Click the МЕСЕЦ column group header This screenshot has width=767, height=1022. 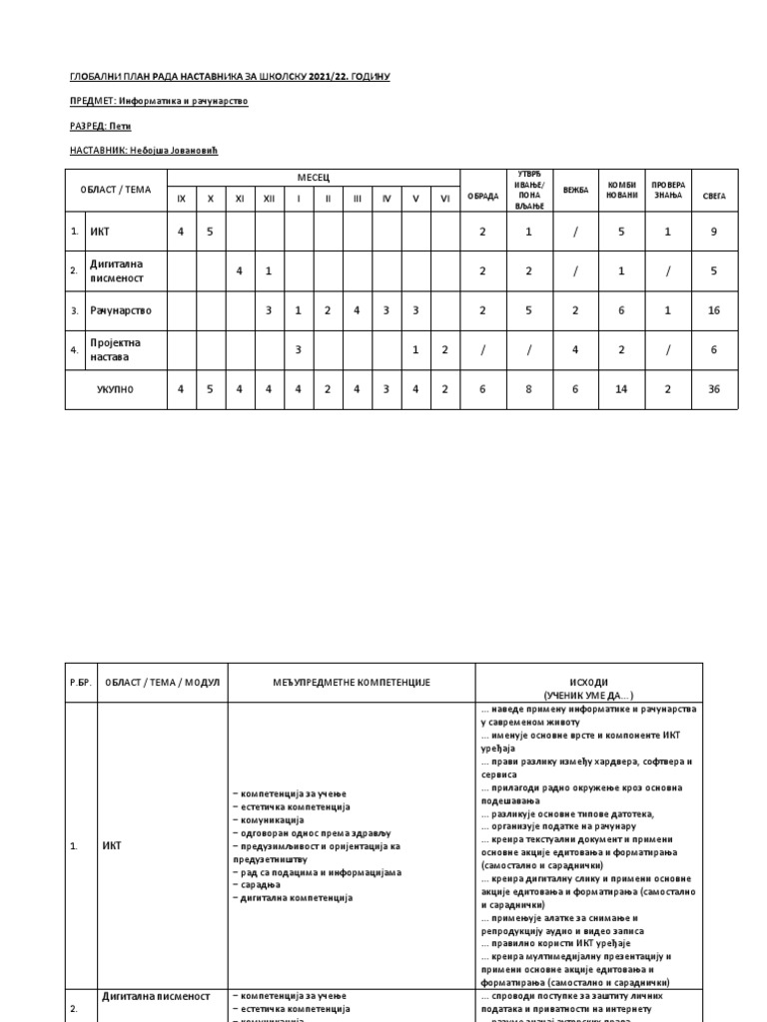[313, 178]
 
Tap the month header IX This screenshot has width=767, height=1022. [181, 199]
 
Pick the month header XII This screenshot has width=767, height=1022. [269, 199]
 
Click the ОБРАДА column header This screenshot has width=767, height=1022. [482, 196]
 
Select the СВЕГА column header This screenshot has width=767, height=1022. [713, 196]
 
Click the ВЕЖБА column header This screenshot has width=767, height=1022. [575, 190]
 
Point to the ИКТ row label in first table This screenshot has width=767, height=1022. [100, 232]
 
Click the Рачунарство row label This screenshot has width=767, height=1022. [121, 310]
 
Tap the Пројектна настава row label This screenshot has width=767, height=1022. [116, 349]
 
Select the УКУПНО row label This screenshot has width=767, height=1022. [115, 389]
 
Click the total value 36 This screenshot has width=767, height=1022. [713, 389]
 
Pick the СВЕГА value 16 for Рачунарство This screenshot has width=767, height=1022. [713, 310]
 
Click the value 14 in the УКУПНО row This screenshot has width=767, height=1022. [621, 389]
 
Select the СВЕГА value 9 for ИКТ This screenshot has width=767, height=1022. [713, 232]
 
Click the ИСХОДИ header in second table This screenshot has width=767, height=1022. [589, 682]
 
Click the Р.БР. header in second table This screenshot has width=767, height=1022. [79, 682]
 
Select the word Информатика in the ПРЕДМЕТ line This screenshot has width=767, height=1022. [152, 101]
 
